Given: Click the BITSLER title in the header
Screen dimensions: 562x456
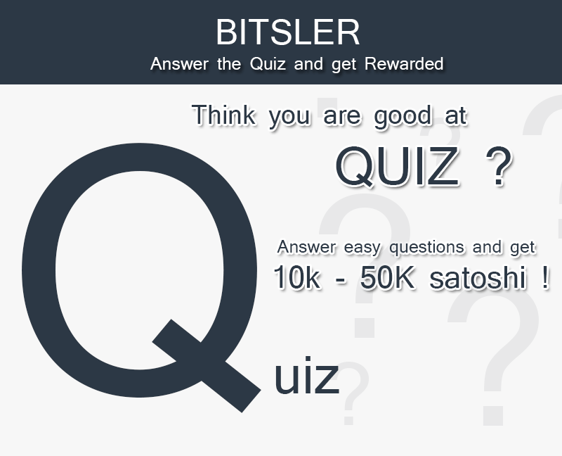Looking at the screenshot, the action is [x=288, y=32].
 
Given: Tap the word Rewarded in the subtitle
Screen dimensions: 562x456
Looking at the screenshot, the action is [x=404, y=64].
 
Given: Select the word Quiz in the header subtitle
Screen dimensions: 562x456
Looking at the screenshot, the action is [x=268, y=65].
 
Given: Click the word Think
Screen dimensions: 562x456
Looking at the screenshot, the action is [x=224, y=115].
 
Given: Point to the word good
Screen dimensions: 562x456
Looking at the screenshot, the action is [x=403, y=116].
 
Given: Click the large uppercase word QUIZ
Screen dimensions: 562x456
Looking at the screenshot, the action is [x=398, y=166].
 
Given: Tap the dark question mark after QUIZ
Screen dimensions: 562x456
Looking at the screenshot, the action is [x=499, y=166].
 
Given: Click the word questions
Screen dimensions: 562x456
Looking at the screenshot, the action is [x=427, y=248].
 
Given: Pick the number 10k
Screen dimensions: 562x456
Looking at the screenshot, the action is [x=296, y=277].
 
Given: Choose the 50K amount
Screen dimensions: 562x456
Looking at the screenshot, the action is [x=387, y=277].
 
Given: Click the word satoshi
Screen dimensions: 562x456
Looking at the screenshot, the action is [x=478, y=277].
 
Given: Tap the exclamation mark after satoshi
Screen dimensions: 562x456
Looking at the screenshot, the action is [x=546, y=277].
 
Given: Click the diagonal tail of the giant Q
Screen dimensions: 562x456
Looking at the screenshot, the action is [x=207, y=366].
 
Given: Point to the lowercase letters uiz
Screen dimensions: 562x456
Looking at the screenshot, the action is [x=307, y=376].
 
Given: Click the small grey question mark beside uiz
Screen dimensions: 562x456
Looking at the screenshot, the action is [x=354, y=393].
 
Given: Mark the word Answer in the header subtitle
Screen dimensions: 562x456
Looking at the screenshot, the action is [x=180, y=64].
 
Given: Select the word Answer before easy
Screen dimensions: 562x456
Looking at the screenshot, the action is [x=307, y=247].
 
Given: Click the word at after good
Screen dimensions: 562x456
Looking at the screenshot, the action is [x=456, y=115].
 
